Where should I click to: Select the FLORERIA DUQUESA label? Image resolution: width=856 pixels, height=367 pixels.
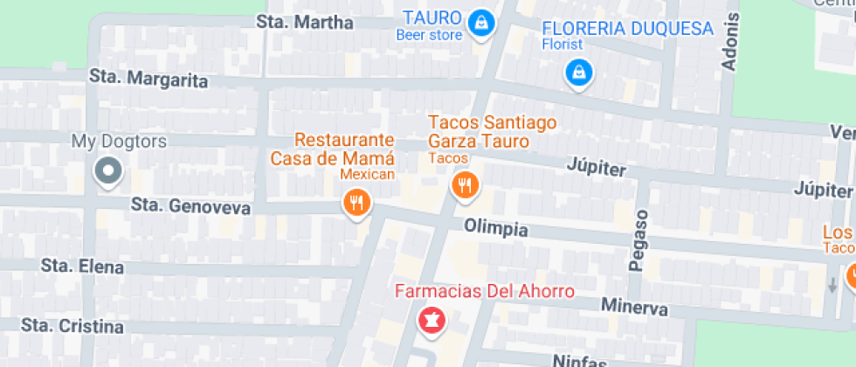click(627, 29)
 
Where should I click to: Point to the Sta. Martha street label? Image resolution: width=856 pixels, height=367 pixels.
click(305, 22)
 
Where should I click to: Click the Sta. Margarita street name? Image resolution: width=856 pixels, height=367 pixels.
click(148, 80)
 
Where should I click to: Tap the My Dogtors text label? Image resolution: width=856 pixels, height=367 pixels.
click(119, 142)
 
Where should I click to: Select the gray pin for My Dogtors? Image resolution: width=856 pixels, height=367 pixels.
click(109, 170)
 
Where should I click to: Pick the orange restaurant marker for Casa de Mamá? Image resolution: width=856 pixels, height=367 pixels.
click(356, 204)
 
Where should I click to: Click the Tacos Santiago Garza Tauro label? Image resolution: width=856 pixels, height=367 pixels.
click(479, 132)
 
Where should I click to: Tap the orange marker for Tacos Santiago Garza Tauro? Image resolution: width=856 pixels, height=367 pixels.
click(463, 184)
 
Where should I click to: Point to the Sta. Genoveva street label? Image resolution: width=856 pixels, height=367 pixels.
click(190, 207)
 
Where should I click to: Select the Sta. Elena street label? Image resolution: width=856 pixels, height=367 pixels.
click(82, 267)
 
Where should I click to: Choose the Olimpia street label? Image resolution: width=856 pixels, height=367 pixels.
click(496, 229)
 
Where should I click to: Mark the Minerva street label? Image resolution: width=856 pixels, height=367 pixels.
click(634, 308)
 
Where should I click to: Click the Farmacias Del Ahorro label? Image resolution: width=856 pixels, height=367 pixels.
click(485, 291)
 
